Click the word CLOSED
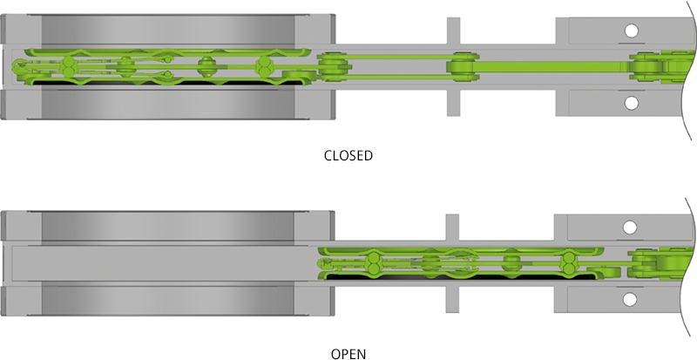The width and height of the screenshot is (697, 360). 348,156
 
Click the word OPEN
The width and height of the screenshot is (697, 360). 348,354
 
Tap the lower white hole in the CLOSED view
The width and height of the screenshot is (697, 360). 629,103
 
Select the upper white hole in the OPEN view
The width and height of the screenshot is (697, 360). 629,228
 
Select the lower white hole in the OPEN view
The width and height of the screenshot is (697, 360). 629,300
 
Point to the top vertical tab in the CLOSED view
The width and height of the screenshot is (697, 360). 452,31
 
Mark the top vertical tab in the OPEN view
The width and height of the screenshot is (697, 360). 452,227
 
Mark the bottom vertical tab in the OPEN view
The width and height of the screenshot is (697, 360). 452,299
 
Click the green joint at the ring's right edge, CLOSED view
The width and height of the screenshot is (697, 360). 332,65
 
